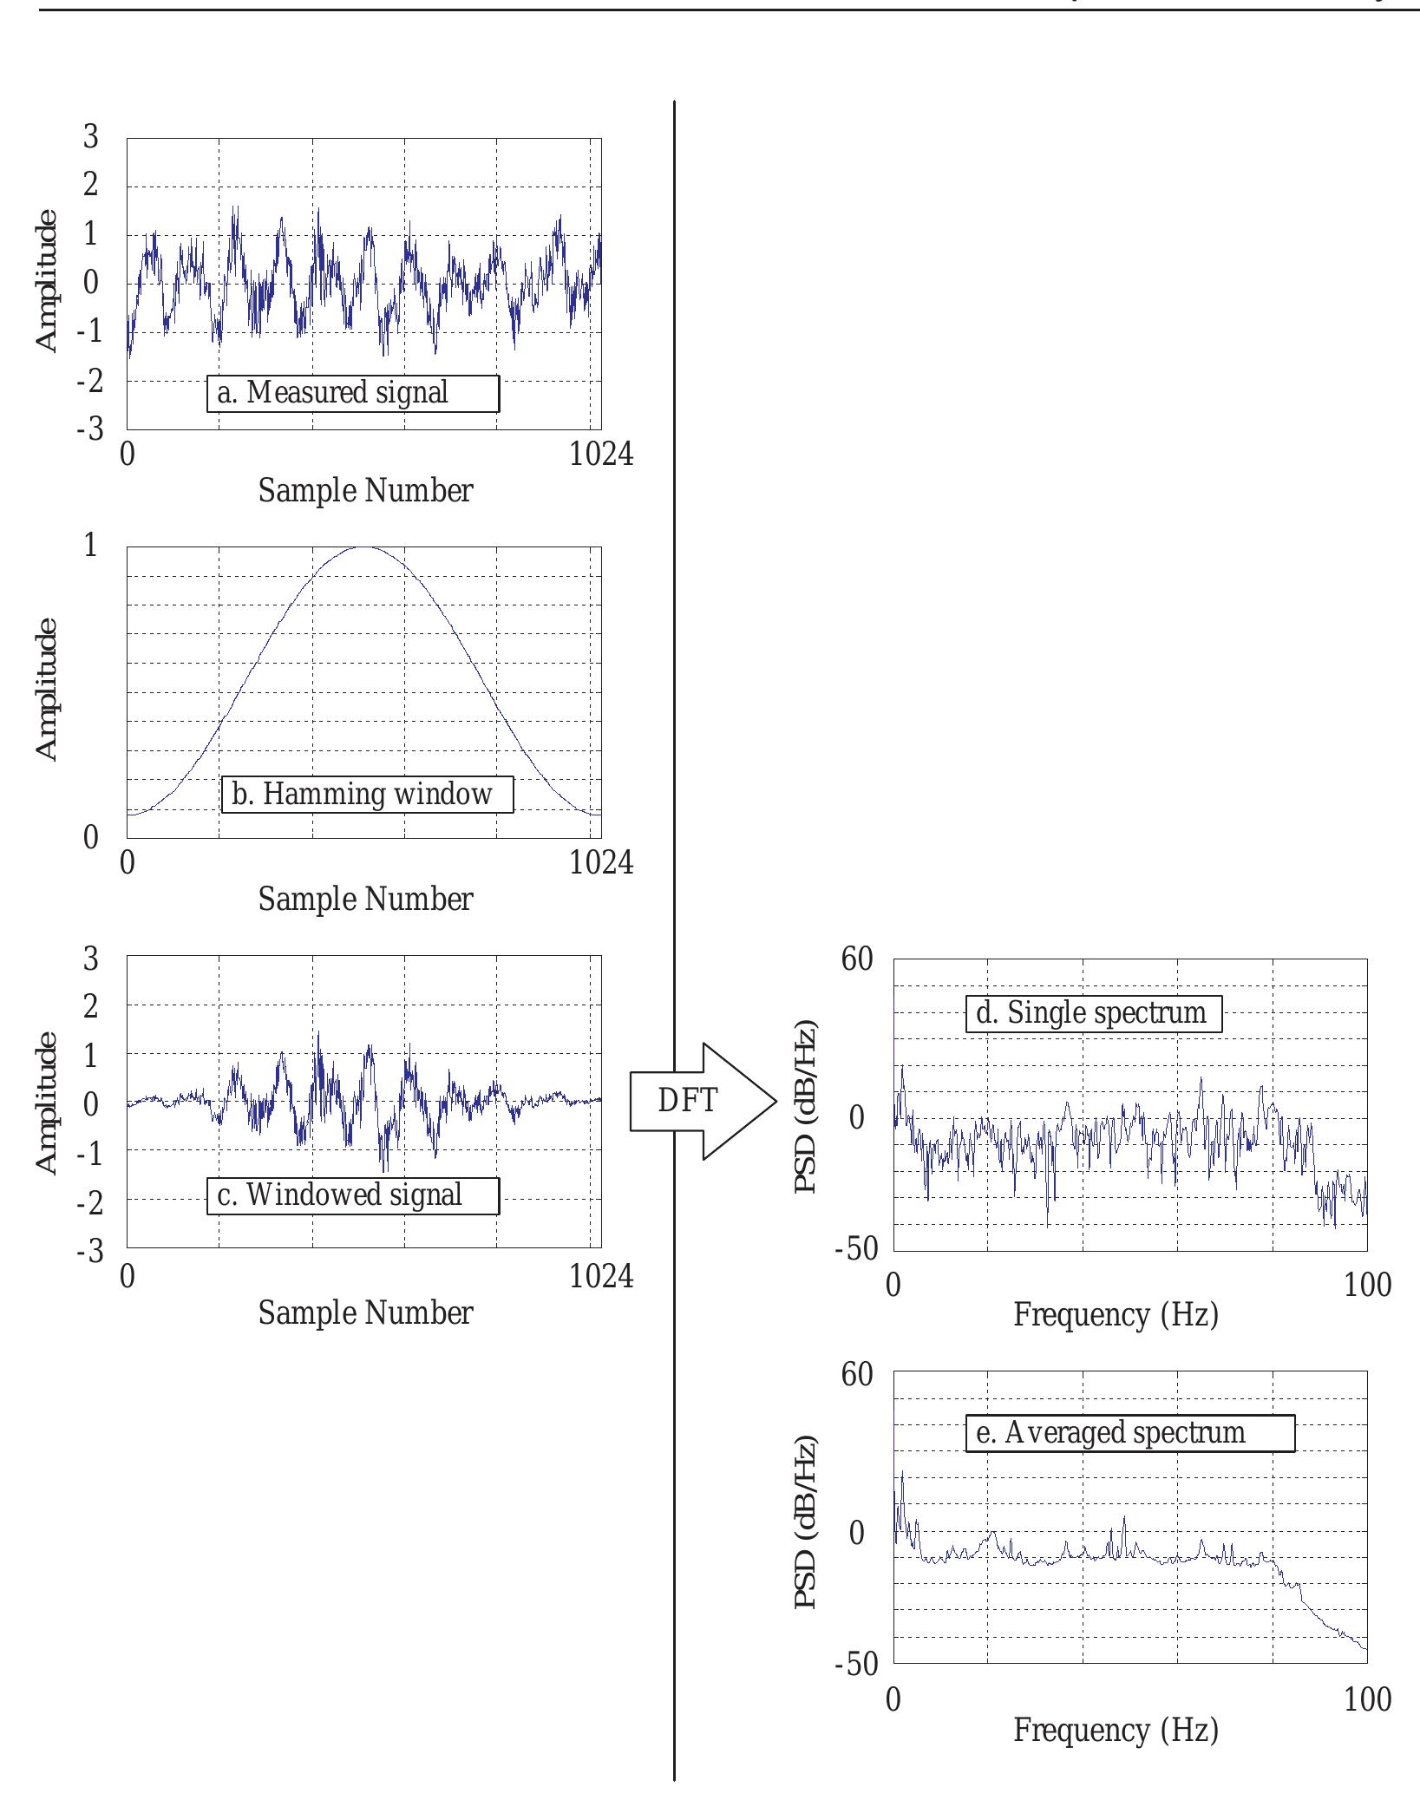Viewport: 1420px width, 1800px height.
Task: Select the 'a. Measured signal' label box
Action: point(353,393)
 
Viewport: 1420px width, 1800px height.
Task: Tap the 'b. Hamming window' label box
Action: point(367,795)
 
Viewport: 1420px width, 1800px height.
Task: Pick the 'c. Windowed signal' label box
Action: point(353,1195)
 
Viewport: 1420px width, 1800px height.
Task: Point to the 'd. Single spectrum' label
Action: point(1093,1013)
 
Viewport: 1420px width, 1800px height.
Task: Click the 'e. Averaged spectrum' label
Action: point(1129,1432)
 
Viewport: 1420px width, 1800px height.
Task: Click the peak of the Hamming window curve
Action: point(365,547)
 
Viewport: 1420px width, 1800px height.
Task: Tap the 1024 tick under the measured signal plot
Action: point(601,454)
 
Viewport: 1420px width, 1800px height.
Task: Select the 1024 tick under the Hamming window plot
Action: point(601,862)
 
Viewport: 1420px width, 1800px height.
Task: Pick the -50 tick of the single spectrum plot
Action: point(856,1249)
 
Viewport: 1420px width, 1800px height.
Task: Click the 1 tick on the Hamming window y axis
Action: point(90,546)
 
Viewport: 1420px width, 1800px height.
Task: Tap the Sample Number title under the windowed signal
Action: point(365,1312)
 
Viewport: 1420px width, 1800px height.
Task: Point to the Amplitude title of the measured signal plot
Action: point(47,281)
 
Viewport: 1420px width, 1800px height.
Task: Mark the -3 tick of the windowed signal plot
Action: point(89,1250)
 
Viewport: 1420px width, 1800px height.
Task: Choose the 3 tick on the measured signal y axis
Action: point(90,136)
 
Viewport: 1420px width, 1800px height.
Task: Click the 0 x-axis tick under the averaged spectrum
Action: point(893,1699)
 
